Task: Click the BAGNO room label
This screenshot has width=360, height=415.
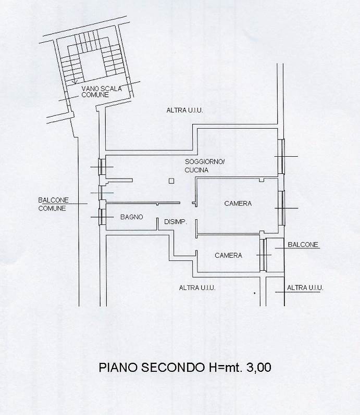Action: tap(132, 217)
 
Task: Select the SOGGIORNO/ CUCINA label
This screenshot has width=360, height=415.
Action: tap(204, 166)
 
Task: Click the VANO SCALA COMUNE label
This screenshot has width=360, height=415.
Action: tap(101, 92)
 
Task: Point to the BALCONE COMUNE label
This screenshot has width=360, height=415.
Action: tap(52, 204)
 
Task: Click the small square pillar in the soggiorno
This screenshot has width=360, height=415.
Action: tap(171, 181)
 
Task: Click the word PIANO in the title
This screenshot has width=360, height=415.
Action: tap(116, 367)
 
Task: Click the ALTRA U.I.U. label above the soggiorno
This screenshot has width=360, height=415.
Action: tap(184, 110)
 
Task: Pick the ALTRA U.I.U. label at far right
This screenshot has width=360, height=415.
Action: tap(305, 287)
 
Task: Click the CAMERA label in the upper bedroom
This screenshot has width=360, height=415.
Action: tap(238, 204)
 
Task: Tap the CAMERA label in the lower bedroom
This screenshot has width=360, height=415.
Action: tap(229, 255)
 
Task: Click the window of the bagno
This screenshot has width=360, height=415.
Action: tap(103, 217)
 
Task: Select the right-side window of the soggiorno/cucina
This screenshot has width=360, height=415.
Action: tap(281, 157)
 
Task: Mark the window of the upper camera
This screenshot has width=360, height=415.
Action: tap(282, 208)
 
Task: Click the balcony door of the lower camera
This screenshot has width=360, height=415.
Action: tap(264, 255)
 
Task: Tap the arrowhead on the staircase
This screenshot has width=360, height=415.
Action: tap(75, 82)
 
